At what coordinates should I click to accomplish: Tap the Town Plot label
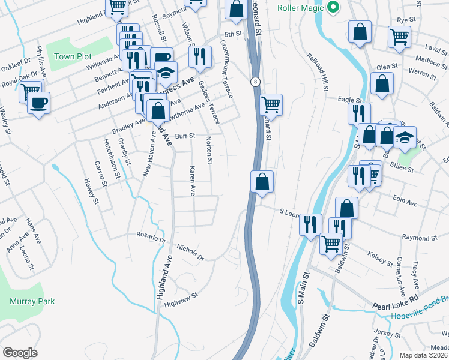pyautogui.click(x=73, y=56)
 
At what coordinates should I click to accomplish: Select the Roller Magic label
pyautogui.click(x=301, y=8)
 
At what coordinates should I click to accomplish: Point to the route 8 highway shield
pyautogui.click(x=256, y=81)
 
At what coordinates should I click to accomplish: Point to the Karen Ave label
pyautogui.click(x=192, y=181)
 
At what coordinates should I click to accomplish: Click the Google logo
pyautogui.click(x=20, y=353)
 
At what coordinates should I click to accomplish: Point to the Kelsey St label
pyautogui.click(x=381, y=256)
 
